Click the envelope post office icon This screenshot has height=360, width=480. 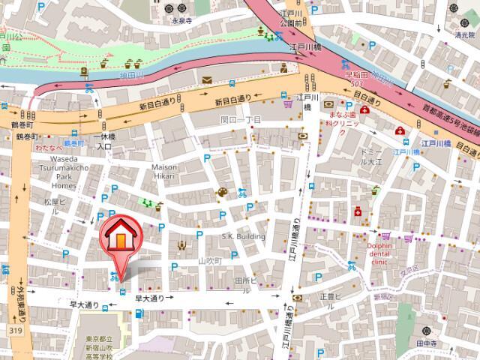(206, 80)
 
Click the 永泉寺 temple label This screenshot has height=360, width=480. (183, 21)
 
